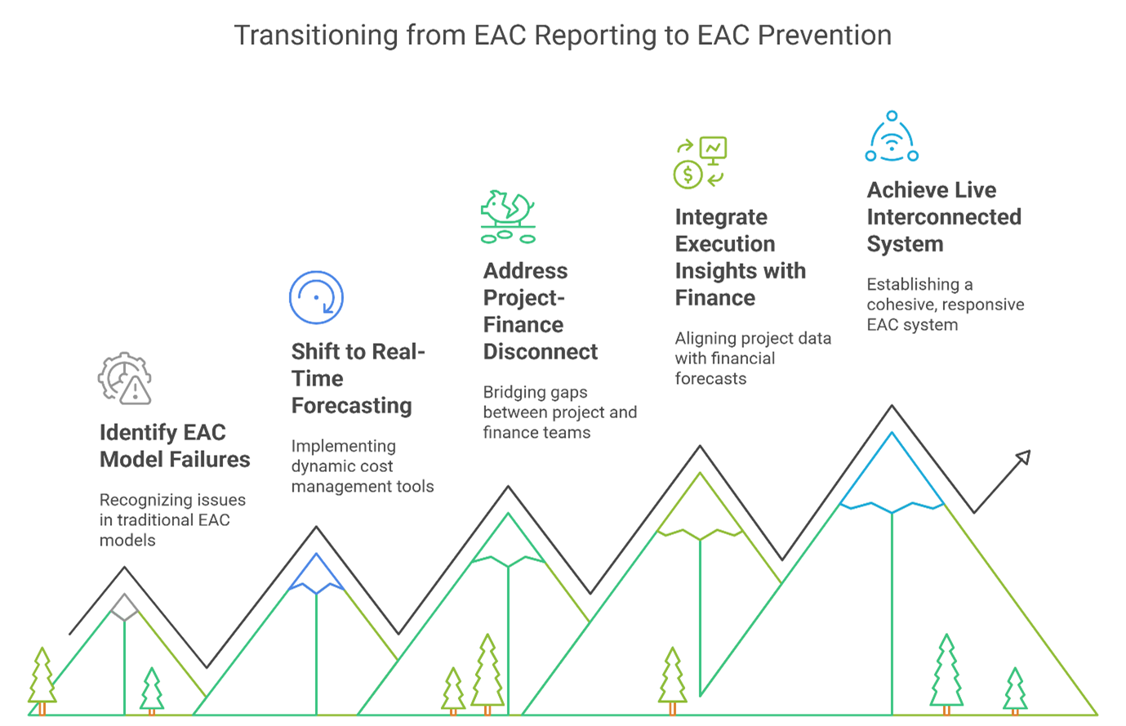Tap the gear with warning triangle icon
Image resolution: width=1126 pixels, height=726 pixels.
click(125, 378)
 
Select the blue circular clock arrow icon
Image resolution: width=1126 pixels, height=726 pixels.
click(316, 297)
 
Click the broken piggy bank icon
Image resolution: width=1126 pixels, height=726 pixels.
click(508, 216)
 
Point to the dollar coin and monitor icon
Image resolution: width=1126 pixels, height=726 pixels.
click(700, 163)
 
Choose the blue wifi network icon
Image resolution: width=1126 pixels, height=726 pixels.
click(892, 137)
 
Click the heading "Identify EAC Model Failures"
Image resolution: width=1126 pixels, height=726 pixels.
click(174, 446)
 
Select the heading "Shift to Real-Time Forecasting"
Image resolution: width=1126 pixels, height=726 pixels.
click(358, 378)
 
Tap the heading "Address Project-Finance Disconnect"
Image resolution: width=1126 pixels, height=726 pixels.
click(540, 311)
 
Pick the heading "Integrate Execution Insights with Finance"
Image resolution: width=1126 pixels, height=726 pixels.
click(740, 257)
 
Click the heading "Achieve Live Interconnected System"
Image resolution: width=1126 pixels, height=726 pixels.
click(943, 217)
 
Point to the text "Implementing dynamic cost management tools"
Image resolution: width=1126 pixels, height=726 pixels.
click(362, 466)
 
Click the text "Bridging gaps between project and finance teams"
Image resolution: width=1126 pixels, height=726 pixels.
click(559, 412)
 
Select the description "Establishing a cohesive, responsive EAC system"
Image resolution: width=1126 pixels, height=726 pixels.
click(945, 305)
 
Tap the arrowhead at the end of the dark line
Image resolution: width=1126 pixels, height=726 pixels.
click(1022, 457)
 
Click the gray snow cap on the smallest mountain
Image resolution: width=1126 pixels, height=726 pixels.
click(124, 607)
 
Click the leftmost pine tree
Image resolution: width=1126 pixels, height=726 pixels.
click(42, 678)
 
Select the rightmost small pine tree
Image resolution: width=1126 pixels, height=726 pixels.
click(1015, 690)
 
